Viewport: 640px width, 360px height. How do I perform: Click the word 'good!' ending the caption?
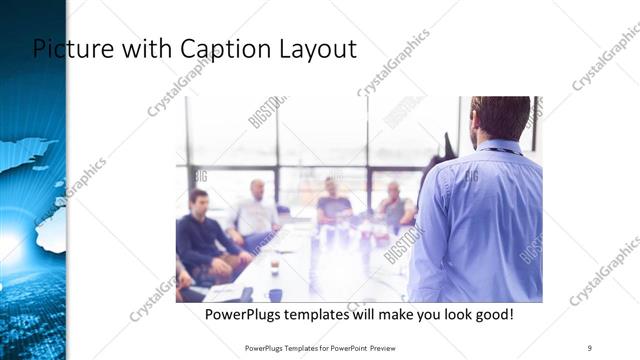[x=492, y=315]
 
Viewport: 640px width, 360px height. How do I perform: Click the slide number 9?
[x=590, y=347]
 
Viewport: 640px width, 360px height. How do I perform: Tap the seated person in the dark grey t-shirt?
[x=333, y=205]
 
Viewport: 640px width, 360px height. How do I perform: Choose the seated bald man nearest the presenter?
[x=395, y=205]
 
